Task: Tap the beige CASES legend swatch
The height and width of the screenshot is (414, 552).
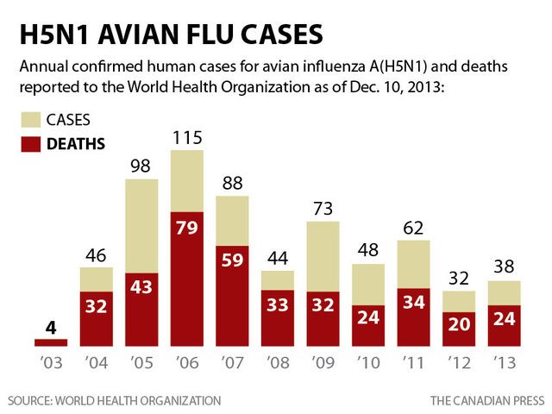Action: coord(32,120)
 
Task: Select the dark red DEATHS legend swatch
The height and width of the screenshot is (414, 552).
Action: coord(32,143)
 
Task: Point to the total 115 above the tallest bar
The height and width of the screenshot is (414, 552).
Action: coord(187,138)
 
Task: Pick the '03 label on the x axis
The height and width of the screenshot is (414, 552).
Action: coord(51,361)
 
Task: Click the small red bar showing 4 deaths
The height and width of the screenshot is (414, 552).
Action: coord(52,341)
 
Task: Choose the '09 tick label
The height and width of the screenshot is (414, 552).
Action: coord(323,361)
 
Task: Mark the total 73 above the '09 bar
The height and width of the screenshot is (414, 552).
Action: coord(323,209)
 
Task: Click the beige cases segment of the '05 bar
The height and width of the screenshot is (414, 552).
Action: coord(141,224)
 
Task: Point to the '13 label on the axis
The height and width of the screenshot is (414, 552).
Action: coord(504,361)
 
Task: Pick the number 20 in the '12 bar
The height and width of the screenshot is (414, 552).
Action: coord(459,324)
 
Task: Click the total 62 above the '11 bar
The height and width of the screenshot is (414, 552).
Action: coord(413,229)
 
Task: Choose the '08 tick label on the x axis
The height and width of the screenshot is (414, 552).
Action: coord(278,361)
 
